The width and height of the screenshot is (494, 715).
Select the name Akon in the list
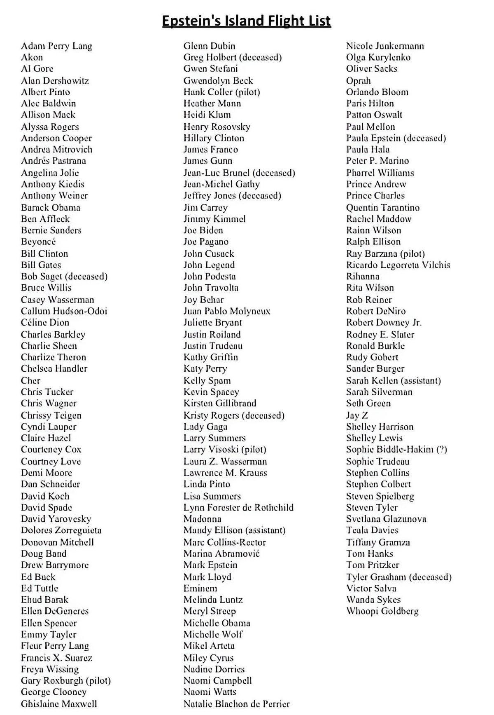point(32,57)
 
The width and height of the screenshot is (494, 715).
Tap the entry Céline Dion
point(45,322)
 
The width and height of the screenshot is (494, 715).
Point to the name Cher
point(30,380)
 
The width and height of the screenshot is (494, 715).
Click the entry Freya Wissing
point(50,669)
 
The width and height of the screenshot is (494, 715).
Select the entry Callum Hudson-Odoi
point(64,311)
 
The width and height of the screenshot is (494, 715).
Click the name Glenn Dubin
point(209,46)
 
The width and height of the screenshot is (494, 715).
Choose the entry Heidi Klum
point(207,115)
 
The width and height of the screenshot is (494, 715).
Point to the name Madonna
point(202,519)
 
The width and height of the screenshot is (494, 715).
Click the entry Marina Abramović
point(221,553)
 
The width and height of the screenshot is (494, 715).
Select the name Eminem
point(200,588)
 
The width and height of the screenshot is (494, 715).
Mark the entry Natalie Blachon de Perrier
point(237,703)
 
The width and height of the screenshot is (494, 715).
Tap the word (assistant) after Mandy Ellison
point(265,530)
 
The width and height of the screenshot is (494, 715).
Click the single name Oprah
point(358,80)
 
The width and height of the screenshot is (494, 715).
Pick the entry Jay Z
point(357,415)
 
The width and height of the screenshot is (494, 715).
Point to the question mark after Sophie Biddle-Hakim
point(442,450)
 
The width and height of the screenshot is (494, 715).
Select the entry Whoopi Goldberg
point(382,611)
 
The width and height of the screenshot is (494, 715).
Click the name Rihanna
point(363,276)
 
